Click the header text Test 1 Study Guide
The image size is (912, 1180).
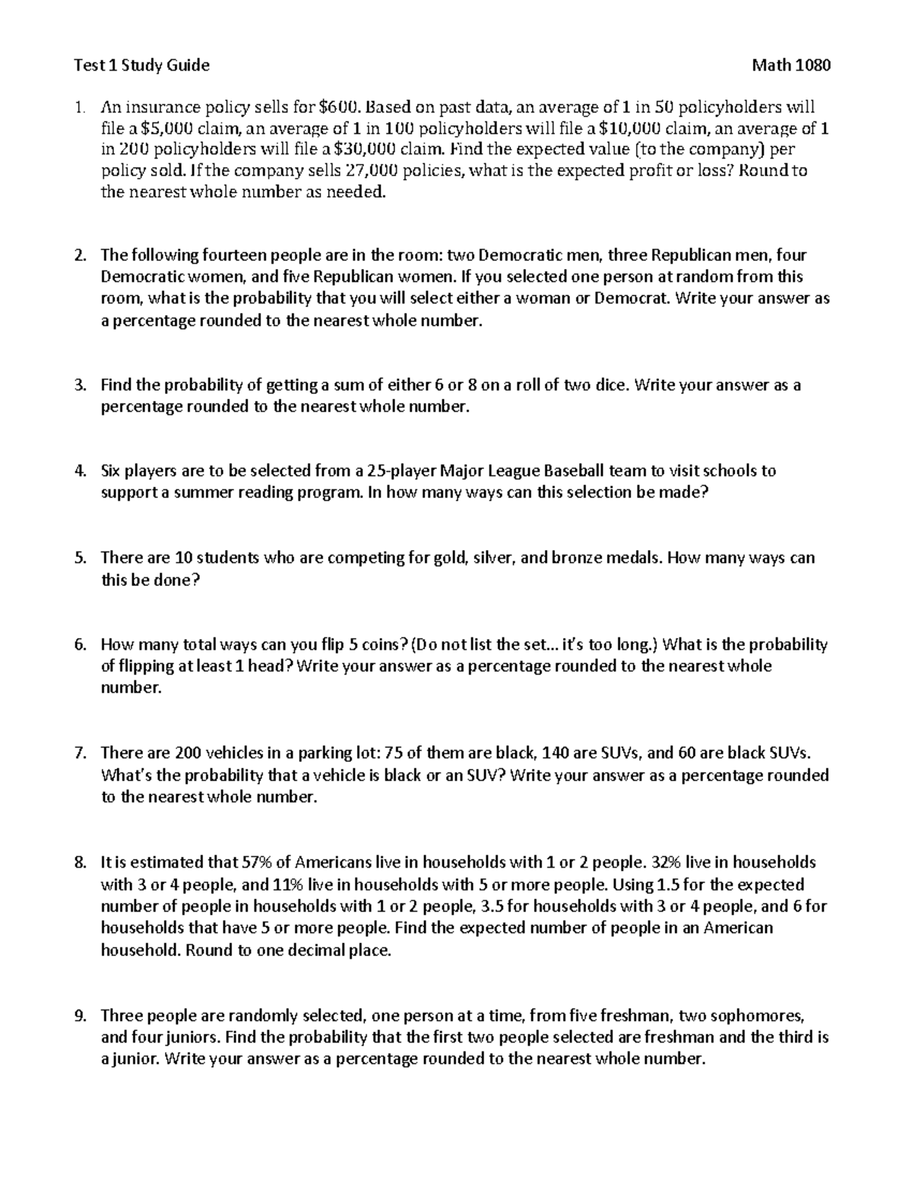[141, 65]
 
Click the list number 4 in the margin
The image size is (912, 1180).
[80, 470]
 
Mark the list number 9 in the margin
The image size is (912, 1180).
[80, 1015]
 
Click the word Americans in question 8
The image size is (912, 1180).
[333, 862]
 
